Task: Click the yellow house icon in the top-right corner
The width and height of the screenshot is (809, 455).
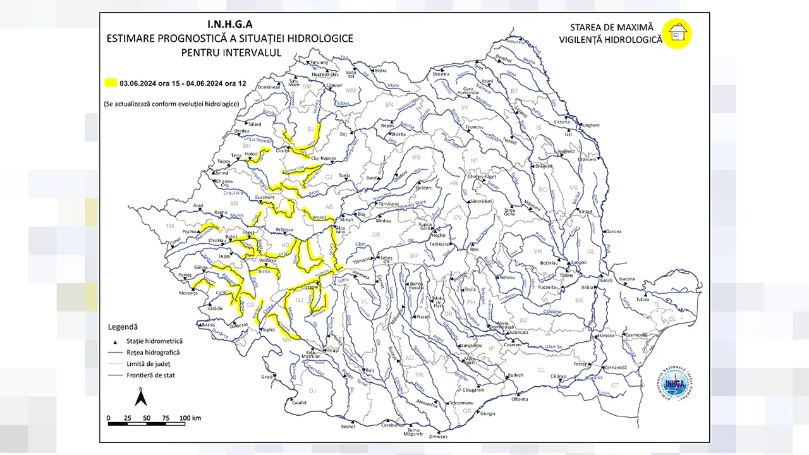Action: (677, 33)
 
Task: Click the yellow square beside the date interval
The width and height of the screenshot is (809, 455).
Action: (111, 83)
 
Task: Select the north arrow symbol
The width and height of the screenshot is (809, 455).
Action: (142, 397)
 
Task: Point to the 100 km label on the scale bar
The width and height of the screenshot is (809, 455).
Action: (190, 418)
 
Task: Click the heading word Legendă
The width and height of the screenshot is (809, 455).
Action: (123, 327)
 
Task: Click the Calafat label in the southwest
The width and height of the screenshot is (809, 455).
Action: (299, 402)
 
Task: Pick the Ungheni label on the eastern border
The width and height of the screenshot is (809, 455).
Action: (590, 125)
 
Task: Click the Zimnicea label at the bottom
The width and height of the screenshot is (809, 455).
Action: (438, 437)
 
